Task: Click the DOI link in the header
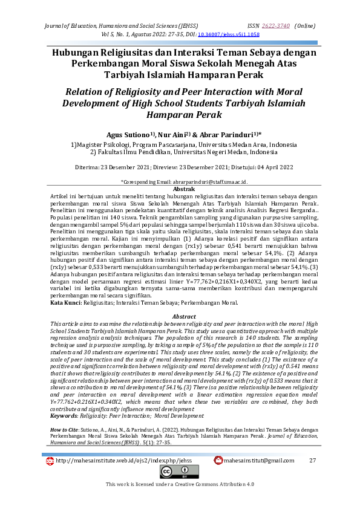pyautogui.click(x=220, y=35)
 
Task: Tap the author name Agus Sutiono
pyautogui.click(x=128, y=135)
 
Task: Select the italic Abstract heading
pyautogui.click(x=185, y=317)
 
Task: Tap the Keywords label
pyautogui.click(x=66, y=399)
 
